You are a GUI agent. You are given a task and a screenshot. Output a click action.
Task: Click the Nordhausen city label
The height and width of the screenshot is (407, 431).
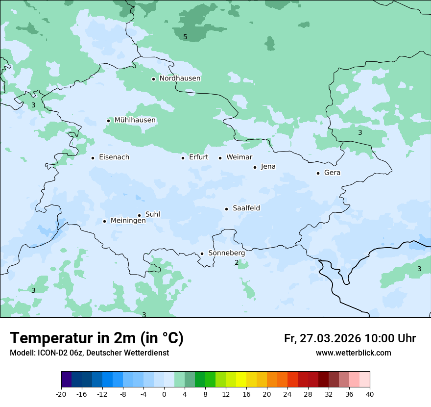(180, 78)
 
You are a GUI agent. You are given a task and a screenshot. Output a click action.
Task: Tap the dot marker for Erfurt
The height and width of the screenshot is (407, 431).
(183, 158)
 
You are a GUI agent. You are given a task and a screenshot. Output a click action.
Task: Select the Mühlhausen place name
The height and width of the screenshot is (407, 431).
(135, 120)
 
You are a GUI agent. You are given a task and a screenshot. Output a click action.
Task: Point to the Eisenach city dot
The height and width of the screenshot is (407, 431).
(93, 158)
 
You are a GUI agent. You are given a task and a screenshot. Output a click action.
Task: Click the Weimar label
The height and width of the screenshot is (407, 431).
(239, 157)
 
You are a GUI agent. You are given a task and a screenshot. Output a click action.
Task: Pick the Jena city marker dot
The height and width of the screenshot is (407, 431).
(255, 167)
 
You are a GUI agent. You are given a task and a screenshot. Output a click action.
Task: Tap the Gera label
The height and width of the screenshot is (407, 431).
(332, 173)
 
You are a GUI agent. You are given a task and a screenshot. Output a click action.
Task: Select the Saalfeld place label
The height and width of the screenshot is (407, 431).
(246, 208)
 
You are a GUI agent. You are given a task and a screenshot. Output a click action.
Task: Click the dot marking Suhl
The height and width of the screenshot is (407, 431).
(139, 215)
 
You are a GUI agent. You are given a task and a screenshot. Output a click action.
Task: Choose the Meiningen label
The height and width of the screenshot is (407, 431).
(128, 221)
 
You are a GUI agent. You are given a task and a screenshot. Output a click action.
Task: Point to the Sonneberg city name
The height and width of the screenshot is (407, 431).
(226, 254)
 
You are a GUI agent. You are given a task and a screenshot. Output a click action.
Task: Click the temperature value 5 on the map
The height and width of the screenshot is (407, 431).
(185, 37)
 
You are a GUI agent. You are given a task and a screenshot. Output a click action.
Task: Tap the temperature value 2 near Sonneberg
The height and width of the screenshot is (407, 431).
(237, 263)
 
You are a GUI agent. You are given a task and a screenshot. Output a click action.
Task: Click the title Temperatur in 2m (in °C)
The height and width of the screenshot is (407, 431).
(96, 338)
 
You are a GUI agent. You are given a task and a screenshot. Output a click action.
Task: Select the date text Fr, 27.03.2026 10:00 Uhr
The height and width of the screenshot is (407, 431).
(350, 339)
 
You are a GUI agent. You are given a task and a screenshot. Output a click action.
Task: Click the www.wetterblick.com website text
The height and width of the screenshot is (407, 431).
(353, 353)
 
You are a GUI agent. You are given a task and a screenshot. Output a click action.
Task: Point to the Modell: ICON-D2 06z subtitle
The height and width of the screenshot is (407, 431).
(89, 353)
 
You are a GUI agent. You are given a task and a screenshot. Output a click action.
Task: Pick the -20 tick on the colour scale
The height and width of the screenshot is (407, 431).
(61, 394)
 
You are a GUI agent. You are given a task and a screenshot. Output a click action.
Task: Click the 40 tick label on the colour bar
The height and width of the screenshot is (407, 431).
(369, 394)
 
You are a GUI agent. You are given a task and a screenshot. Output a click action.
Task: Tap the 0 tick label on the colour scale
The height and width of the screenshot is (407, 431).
(164, 394)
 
